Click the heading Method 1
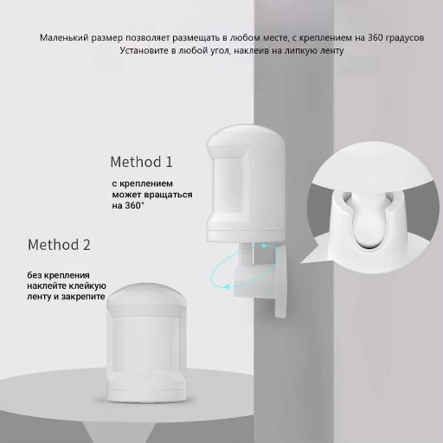coord(142,162)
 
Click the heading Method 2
coord(59,244)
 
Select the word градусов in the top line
coord(402,38)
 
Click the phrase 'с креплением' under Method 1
coord(143,184)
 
